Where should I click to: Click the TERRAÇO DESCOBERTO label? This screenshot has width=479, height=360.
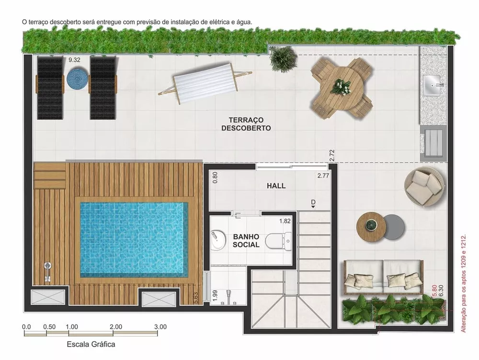pos(246,124)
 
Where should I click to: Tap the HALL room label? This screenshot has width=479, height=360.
pos(276,186)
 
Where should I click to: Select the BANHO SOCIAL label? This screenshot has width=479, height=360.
pos(246,241)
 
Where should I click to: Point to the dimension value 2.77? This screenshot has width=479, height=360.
pos(323,176)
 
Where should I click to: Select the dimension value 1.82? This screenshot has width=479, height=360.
pos(285,221)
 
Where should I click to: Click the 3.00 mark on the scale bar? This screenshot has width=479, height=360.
pos(160,327)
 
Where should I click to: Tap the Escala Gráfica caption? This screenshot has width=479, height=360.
pos(91,344)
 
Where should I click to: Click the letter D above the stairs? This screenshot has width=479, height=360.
pos(313,202)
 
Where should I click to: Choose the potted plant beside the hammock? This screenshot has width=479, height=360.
pos(279,58)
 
